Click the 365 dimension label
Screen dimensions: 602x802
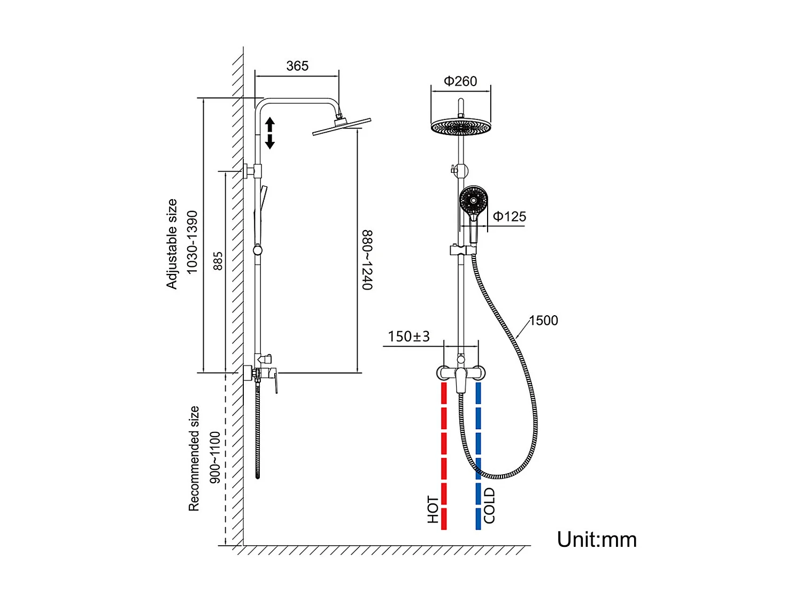(297, 66)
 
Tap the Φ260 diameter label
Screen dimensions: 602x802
(460, 81)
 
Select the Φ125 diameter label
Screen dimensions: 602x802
(510, 217)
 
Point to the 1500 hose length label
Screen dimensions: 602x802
(543, 321)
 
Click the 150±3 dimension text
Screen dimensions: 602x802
(408, 337)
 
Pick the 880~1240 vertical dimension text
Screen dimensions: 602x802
(367, 260)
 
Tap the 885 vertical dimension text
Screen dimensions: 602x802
(218, 261)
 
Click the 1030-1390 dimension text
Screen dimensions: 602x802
(192, 242)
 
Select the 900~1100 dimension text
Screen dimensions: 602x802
(215, 458)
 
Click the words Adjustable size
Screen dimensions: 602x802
(172, 244)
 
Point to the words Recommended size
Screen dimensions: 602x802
(194, 459)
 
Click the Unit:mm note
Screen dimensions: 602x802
(597, 539)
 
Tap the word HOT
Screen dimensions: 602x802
(433, 509)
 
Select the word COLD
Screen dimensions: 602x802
(489, 506)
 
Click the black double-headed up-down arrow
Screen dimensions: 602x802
(270, 133)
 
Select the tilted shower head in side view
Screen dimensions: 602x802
(342, 126)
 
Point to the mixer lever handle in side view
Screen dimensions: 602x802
(275, 381)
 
